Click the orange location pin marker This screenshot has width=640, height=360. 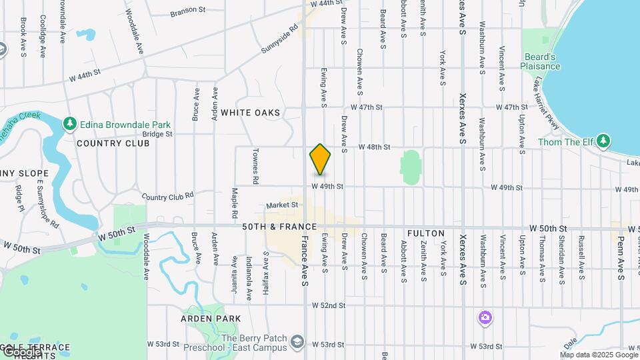click(x=320, y=159)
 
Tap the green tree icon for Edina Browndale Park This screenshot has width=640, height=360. click(x=69, y=124)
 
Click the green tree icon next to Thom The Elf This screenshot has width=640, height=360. click(x=603, y=141)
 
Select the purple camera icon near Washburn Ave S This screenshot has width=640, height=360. click(x=485, y=317)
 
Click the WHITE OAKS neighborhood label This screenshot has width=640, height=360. click(x=251, y=113)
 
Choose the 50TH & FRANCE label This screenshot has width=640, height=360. click(x=269, y=227)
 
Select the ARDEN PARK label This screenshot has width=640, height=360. click(x=211, y=319)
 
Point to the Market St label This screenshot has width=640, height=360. click(x=281, y=205)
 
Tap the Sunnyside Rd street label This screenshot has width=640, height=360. click(x=279, y=39)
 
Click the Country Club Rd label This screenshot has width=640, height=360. click(x=167, y=196)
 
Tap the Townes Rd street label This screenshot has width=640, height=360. click(x=255, y=167)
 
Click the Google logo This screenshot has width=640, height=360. click(x=21, y=351)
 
